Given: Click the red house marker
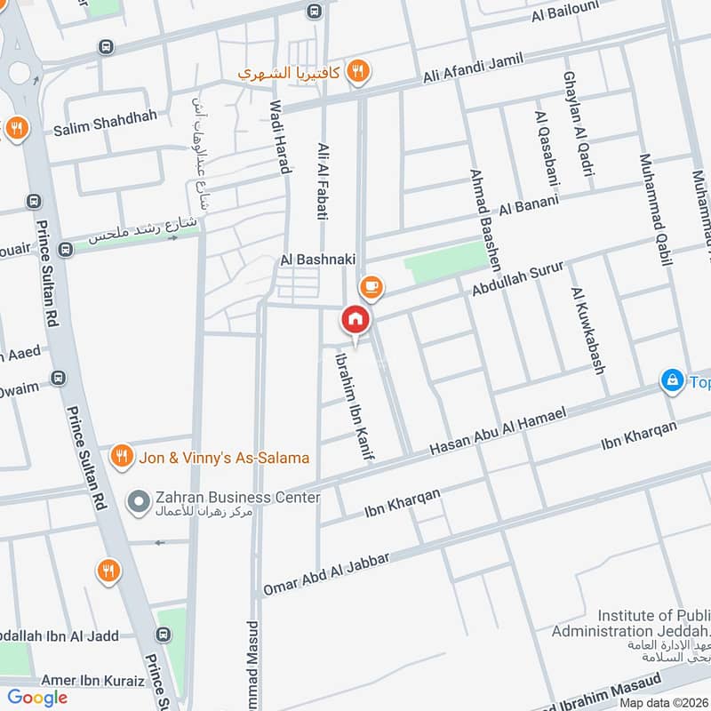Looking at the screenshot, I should point(355,319).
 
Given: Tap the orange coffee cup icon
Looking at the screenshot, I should point(371,287).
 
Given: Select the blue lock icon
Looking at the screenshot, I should point(673,381).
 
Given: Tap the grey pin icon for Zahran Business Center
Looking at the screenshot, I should point(138,504).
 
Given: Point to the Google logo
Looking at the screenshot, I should point(37,698).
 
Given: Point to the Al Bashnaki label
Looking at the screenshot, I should point(317,259).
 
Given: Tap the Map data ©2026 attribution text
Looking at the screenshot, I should point(662,702).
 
